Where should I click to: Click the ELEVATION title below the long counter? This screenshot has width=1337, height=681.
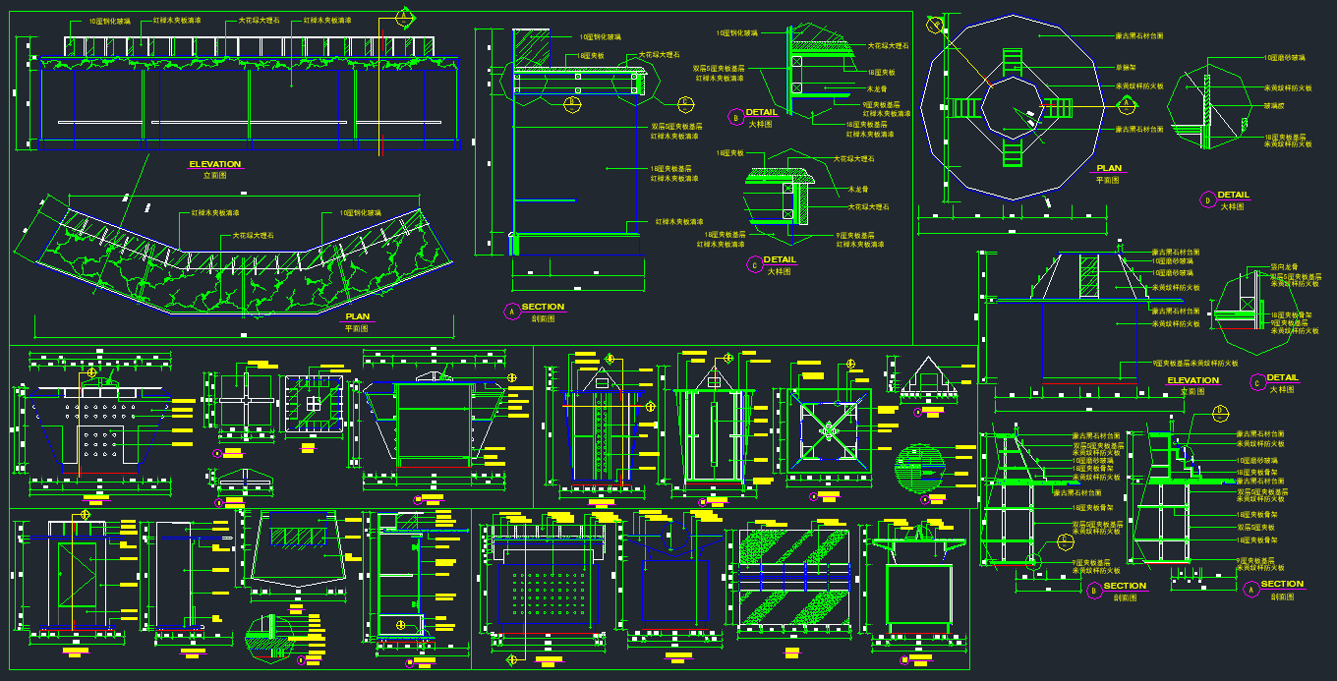214,164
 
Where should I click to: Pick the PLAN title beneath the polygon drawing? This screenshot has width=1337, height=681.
1108,168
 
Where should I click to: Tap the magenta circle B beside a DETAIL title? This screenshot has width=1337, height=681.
736,117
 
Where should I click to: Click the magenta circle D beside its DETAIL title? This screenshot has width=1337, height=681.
1207,199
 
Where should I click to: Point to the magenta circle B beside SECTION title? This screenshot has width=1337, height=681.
1093,591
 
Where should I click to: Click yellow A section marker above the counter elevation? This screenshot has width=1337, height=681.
403,16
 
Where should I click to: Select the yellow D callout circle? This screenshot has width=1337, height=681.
1220,411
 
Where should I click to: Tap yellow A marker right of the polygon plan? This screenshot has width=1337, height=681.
1097,106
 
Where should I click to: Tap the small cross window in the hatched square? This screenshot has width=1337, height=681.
313,403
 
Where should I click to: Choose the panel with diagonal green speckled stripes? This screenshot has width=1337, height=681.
793,576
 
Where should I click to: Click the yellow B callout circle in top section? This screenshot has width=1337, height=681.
573,100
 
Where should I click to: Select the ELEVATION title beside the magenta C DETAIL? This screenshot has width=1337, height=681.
1192,380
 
